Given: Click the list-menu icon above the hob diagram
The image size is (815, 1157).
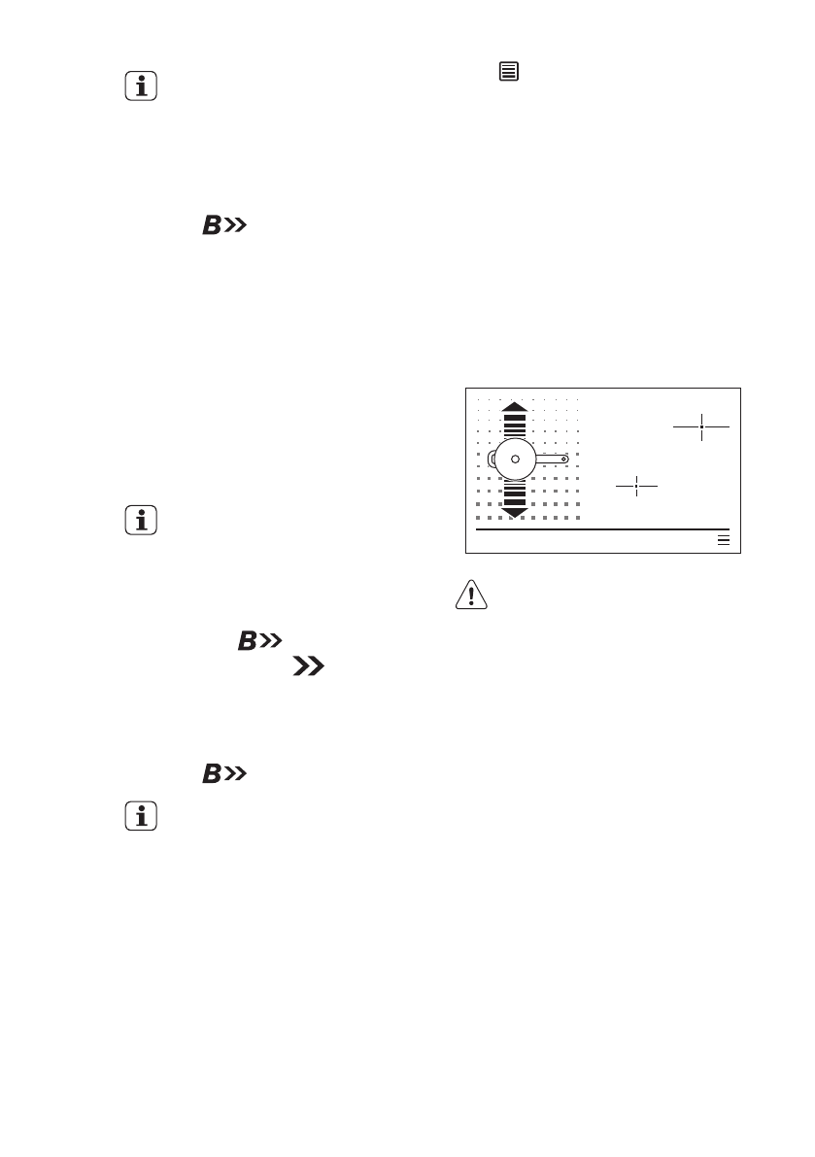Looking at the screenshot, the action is (x=508, y=71).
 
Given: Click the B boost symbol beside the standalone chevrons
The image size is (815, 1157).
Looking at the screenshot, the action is (x=256, y=641).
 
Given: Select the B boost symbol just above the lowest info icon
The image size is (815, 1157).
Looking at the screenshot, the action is (x=223, y=774).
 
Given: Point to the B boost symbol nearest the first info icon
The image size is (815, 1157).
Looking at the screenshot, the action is (x=223, y=227).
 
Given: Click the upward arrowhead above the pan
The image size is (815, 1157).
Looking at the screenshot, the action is (x=515, y=407).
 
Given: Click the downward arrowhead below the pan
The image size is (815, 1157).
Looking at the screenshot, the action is (x=515, y=511).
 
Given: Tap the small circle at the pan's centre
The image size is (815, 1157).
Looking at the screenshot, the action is (x=515, y=458).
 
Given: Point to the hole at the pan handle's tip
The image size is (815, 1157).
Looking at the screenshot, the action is (x=563, y=458).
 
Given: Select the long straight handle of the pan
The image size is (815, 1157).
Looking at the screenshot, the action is (x=550, y=458).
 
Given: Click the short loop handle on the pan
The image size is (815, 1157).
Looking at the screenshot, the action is (x=491, y=458).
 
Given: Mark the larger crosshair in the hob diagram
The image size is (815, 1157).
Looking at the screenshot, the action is (x=700, y=425).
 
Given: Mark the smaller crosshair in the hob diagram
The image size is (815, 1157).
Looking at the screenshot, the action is (x=636, y=486).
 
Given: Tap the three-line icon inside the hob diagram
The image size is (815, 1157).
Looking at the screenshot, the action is (x=723, y=540).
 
